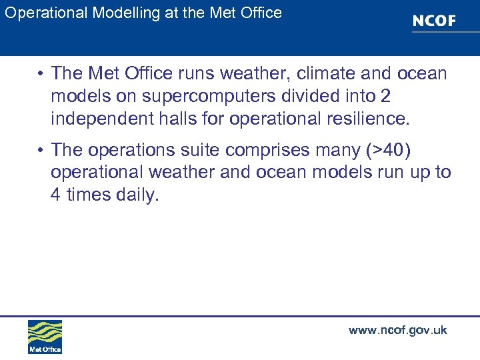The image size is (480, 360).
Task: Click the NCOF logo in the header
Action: [434, 21]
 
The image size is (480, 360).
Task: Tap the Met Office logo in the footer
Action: [45, 336]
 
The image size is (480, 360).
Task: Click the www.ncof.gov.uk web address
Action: [397, 330]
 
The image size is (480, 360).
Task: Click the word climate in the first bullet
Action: [325, 73]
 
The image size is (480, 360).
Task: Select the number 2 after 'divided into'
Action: [385, 97]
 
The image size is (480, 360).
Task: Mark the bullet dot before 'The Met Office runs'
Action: [41, 74]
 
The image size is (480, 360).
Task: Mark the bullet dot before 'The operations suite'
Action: [41, 149]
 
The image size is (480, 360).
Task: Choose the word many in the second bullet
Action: [346, 149]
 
